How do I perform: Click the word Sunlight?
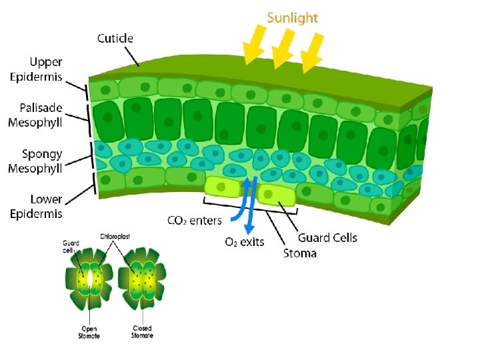pos(292,18)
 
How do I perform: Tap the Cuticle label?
pos(115,38)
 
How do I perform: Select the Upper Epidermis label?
pos(36,69)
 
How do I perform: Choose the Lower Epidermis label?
pos(36,206)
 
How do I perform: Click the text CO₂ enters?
pos(194,221)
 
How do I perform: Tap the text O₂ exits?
pos(244,241)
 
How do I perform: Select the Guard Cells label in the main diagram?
pos(327,238)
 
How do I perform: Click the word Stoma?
pos(300,253)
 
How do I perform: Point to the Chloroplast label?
pos(115,236)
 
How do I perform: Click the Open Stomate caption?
pos(89,332)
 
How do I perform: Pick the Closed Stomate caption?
pos(142,332)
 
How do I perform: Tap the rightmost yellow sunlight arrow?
pos(313,52)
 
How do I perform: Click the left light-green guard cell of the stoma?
pos(221,187)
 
